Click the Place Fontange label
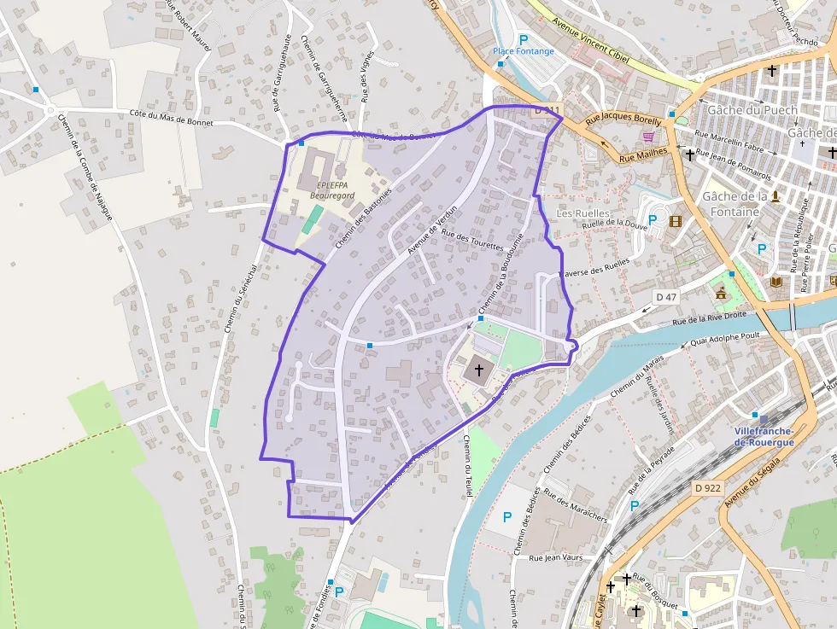524,51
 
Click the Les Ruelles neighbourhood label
582,213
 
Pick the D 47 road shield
666,296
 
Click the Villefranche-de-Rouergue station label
764,436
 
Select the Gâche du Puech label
740,110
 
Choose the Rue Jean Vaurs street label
556,558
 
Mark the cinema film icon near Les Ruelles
676,222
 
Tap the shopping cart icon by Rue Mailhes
649,136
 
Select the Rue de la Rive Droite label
709,318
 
